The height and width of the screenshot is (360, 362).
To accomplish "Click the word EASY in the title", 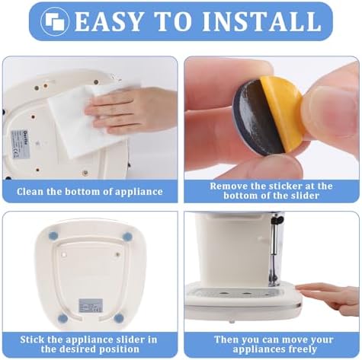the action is pos(108,21).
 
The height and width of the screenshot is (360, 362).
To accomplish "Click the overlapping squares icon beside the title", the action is pos(55,21).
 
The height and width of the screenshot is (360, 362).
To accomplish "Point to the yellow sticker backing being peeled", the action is pos(282,112).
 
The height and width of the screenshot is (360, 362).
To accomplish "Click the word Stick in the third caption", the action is pos(32,339).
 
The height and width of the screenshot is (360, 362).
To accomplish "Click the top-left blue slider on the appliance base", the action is pos(53,236).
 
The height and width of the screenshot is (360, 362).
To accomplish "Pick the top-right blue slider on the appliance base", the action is pos(127,237).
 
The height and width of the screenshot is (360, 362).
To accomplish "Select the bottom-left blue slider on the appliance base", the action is pos(63,317).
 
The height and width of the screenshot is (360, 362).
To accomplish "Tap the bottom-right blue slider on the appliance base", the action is pos(119,318).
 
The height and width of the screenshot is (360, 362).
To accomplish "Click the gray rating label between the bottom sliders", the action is pos(91,306).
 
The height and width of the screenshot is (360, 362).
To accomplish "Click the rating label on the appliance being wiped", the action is pos(21,145).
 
